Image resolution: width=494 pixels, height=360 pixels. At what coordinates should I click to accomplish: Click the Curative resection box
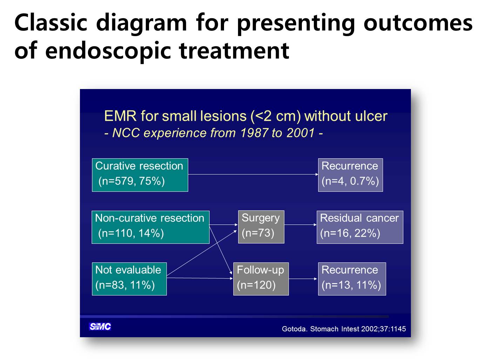click(x=140, y=175)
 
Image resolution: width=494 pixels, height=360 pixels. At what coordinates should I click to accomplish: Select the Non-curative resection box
click(x=151, y=227)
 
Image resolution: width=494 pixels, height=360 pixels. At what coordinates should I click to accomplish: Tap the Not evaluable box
click(x=129, y=279)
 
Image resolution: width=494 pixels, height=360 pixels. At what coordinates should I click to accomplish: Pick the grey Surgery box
click(x=261, y=227)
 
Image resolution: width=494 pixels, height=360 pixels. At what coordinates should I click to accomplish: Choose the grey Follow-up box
click(x=261, y=279)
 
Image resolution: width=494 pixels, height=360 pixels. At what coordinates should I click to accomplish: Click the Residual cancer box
click(x=360, y=227)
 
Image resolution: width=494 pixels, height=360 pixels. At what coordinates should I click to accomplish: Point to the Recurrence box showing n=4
click(x=351, y=175)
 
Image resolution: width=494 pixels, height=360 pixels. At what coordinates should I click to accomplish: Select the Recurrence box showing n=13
click(x=352, y=279)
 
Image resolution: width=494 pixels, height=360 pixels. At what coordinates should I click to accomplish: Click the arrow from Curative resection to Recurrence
click(x=253, y=174)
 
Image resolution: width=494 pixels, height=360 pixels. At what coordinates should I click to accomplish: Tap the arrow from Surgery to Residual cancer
click(x=300, y=225)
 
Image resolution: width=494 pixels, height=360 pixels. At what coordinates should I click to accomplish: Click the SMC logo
click(x=100, y=326)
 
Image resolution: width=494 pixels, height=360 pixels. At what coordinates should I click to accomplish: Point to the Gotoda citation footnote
click(x=344, y=329)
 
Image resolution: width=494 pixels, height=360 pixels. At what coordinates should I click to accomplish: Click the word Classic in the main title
click(x=51, y=23)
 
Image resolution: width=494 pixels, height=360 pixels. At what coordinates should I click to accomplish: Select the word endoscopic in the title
click(x=108, y=51)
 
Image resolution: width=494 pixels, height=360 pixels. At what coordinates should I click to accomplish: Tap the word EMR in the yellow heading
click(x=120, y=116)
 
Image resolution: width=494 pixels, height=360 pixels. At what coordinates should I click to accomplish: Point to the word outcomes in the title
click(x=418, y=23)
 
